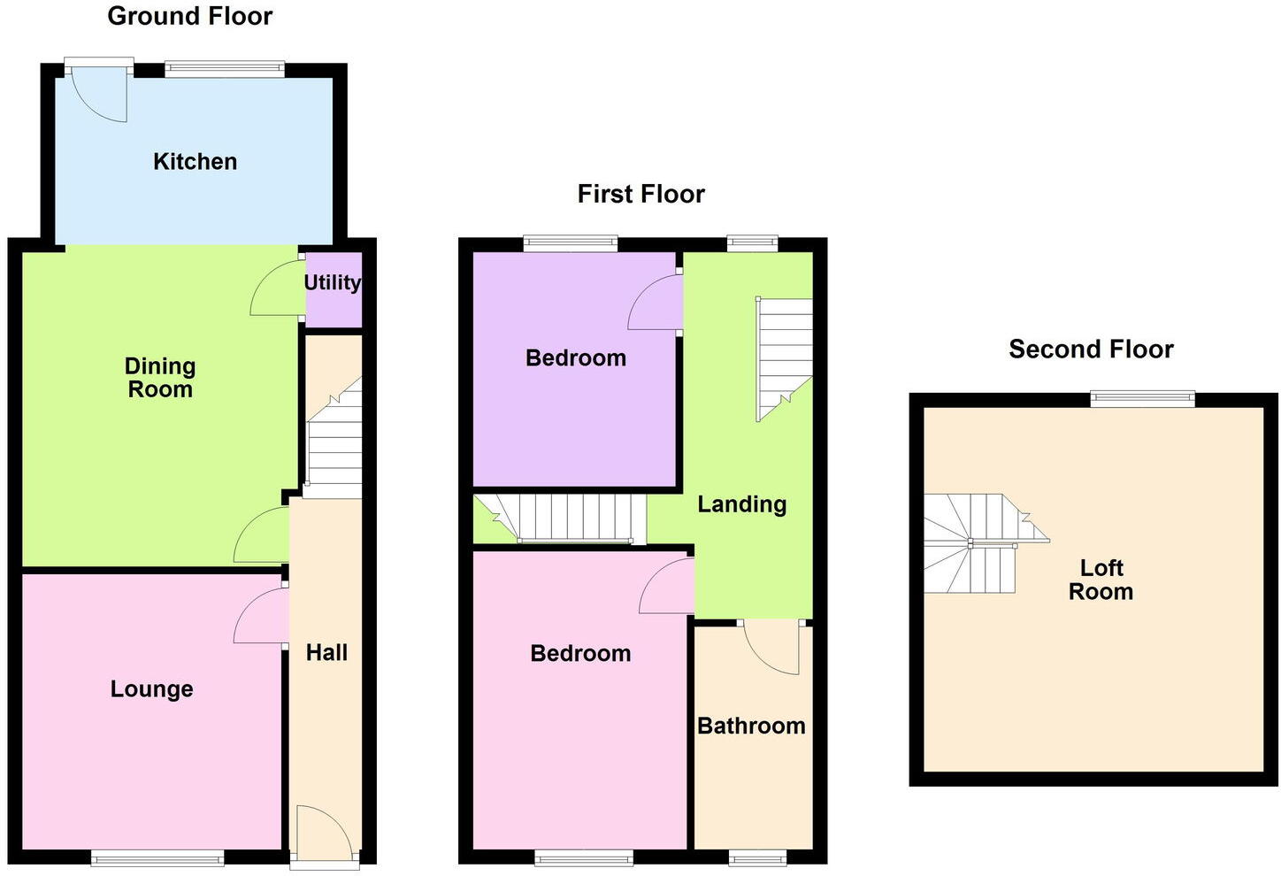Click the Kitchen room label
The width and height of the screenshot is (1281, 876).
(x=195, y=162)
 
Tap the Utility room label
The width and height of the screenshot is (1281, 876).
(x=333, y=282)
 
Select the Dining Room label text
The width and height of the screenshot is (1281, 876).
(x=159, y=378)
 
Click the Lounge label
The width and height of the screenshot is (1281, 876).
(x=151, y=689)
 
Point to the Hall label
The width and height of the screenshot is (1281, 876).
(x=326, y=653)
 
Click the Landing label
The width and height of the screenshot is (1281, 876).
(x=741, y=504)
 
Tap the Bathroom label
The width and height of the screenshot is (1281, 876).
(x=751, y=726)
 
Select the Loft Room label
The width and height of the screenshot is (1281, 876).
(x=1101, y=580)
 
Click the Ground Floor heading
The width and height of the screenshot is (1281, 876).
(x=189, y=16)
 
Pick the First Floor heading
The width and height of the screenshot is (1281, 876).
(x=640, y=194)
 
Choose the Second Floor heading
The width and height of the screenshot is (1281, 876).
(x=1091, y=350)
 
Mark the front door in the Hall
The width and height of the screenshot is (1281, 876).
(x=326, y=832)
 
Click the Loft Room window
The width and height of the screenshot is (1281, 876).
(x=1142, y=399)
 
